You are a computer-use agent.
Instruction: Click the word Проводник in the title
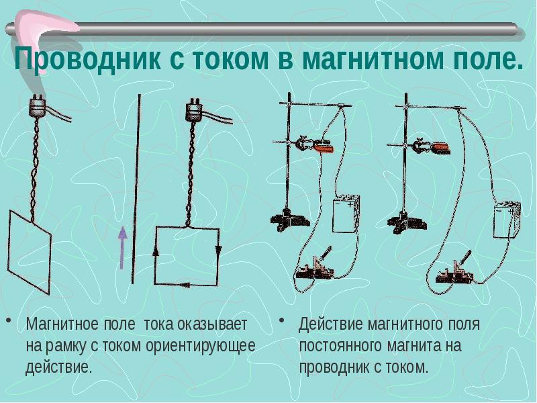[x=87, y=59]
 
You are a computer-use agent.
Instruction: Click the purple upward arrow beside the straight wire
[x=122, y=248]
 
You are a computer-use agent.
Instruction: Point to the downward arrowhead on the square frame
[x=218, y=251]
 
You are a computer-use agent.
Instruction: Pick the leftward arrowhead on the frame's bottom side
[x=185, y=284]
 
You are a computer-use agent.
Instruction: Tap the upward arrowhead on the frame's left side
[x=155, y=252]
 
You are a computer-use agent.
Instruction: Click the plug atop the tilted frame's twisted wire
[x=38, y=106]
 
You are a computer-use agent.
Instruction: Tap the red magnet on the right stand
[x=440, y=148]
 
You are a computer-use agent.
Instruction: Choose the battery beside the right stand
[x=507, y=220]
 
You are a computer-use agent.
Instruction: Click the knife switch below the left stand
[x=315, y=265]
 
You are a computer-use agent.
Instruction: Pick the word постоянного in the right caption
[x=341, y=346]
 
